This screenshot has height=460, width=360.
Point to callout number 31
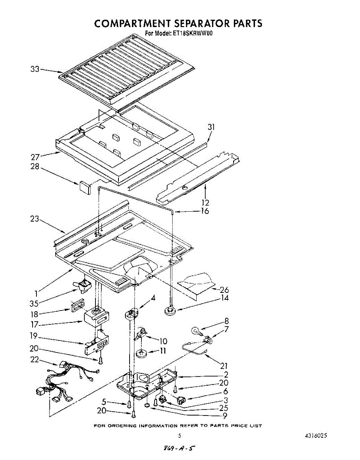pyautogui.click(x=211, y=127)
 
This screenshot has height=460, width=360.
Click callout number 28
pyautogui.click(x=35, y=166)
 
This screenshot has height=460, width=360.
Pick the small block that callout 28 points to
pyautogui.click(x=85, y=187)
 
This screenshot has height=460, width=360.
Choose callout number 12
pyautogui.click(x=205, y=202)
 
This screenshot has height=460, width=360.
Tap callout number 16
pyautogui.click(x=204, y=211)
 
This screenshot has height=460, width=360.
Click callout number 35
pyautogui.click(x=34, y=304)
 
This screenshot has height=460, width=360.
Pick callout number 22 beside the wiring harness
pyautogui.click(x=34, y=360)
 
